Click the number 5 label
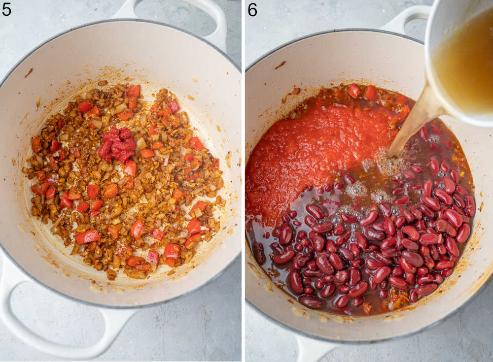pos(6,9)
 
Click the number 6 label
pos(252,9)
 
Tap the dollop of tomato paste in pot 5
pos(118,143)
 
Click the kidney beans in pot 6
pos(385,246)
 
